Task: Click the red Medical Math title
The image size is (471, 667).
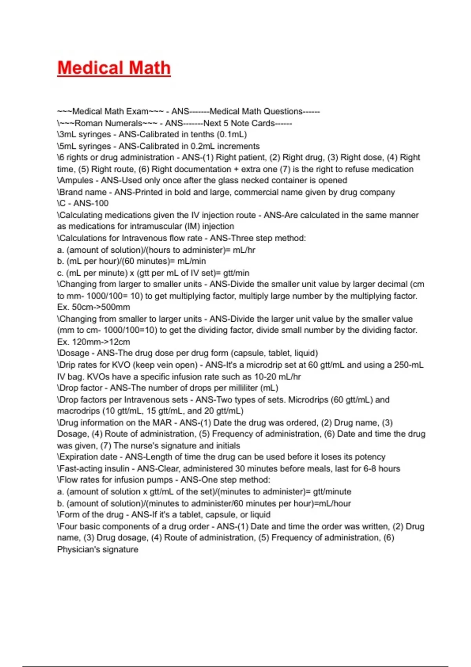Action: (114, 68)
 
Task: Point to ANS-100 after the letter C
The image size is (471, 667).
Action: (91, 203)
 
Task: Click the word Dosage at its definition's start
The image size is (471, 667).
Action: (74, 353)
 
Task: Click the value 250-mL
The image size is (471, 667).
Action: (409, 365)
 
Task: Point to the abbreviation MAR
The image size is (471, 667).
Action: (162, 423)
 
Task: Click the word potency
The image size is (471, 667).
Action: (370, 457)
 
